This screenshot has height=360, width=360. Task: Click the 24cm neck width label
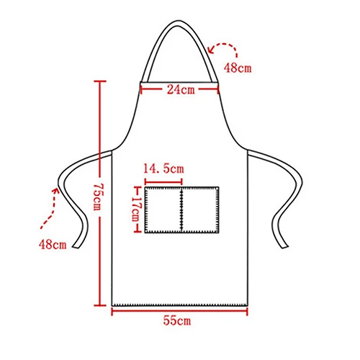pos(180,90)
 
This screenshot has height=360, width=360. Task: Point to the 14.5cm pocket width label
pos(163,168)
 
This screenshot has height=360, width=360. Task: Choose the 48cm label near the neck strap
pos(238,68)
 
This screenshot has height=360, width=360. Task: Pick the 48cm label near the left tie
pos(52,244)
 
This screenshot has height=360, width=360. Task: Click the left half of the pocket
pos(163,210)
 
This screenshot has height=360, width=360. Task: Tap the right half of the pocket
pos(199,210)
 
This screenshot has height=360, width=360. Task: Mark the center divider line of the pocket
pos(181,210)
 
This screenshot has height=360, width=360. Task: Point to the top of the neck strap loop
pos(180,22)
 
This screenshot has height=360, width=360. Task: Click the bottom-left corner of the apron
pos(112,304)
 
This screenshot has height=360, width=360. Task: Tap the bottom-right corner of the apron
pos(248,304)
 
